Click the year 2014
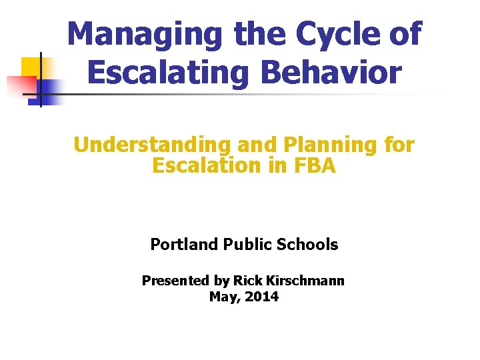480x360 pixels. pyautogui.click(x=262, y=297)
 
